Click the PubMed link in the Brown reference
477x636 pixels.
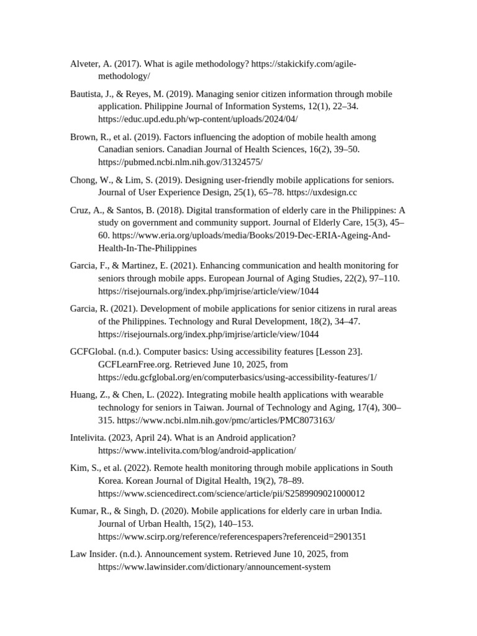[x=180, y=161]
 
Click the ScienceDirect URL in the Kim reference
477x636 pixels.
[x=232, y=493]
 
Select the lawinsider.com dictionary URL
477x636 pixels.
[x=214, y=566]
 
